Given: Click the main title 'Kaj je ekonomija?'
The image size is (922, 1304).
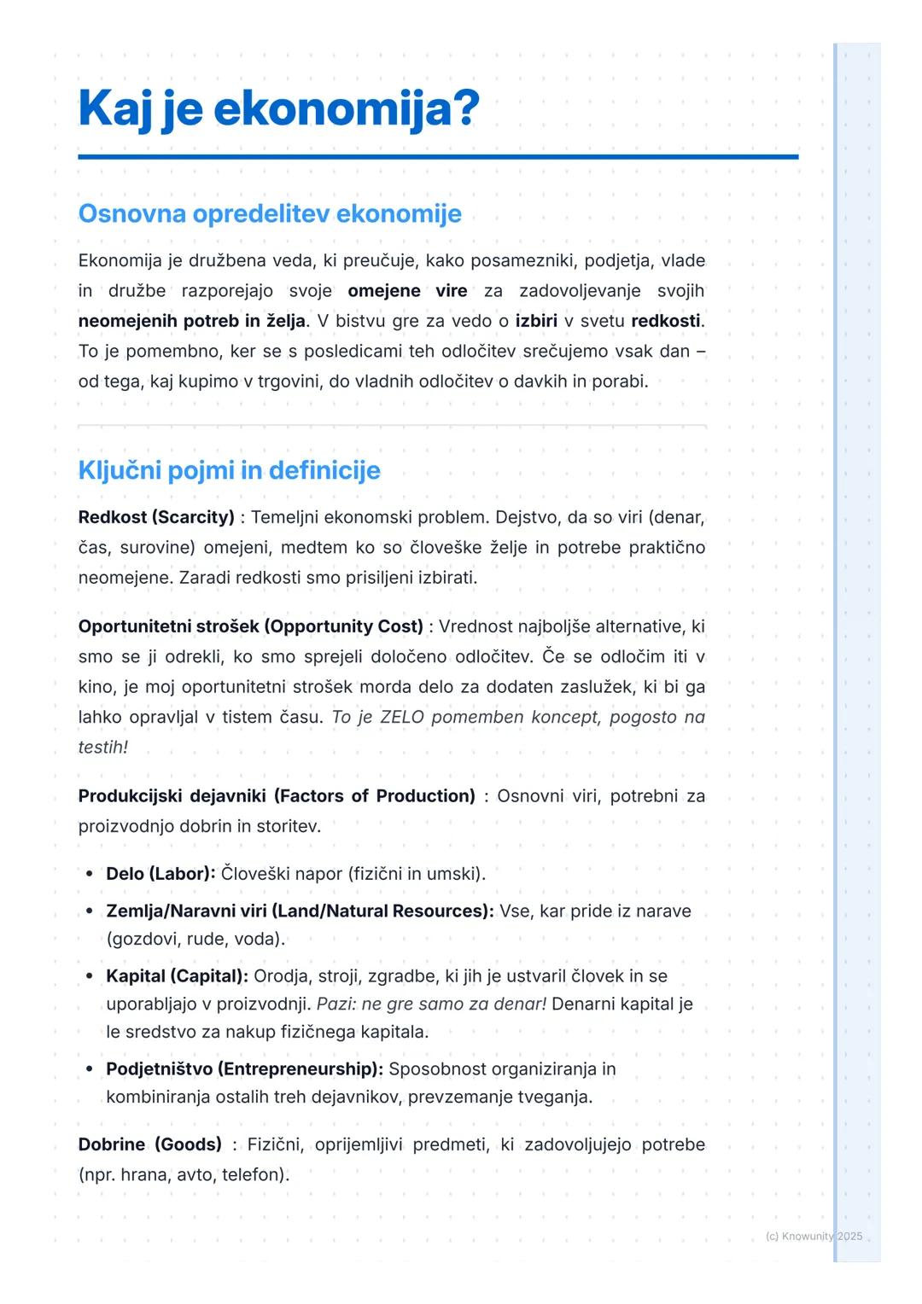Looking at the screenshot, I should (278, 110).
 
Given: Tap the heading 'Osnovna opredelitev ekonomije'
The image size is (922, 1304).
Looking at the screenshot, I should (270, 213).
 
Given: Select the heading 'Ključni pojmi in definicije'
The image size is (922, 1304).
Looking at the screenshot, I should (229, 470).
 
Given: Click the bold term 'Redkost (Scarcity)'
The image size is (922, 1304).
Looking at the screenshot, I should (156, 517).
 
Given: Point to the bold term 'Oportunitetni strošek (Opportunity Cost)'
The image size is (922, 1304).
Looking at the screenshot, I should (250, 626).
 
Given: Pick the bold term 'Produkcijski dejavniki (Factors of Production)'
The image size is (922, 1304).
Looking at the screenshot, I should (277, 796).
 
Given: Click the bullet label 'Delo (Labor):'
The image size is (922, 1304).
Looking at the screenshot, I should (160, 874).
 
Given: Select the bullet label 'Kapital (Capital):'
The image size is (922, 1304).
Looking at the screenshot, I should (177, 976).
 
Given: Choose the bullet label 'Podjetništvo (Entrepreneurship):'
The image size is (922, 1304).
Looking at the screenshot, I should (244, 1069).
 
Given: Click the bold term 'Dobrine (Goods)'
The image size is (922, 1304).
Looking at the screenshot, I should (149, 1144).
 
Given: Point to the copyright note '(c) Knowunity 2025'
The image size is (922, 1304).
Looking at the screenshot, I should (814, 1237).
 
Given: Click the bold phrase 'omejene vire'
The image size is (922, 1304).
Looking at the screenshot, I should (407, 291).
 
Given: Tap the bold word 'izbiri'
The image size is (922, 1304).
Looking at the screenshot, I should (536, 322).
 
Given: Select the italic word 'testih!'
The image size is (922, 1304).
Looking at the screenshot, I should (103, 748).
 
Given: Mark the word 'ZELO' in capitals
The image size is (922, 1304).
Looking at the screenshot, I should (401, 718).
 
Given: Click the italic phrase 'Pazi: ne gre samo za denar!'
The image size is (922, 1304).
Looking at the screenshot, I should (431, 1004).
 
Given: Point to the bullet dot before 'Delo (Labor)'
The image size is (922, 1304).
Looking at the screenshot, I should (90, 874).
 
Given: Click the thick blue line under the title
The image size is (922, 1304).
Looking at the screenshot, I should (438, 157).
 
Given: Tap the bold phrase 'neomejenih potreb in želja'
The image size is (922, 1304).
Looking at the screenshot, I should (191, 322).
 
